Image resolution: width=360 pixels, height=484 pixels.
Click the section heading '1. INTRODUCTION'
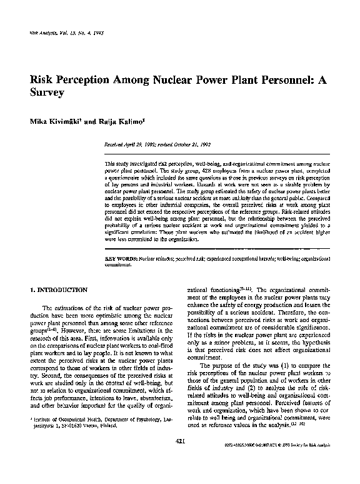coord(58,290)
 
